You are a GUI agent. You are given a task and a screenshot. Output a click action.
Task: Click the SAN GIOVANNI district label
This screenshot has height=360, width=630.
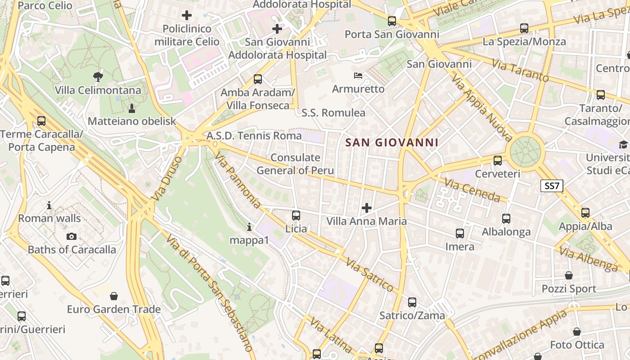tap(391, 143)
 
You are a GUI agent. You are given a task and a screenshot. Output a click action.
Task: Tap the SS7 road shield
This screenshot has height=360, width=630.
tap(552, 186)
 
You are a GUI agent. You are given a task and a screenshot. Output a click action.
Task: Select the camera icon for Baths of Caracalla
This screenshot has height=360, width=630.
tap(72, 236)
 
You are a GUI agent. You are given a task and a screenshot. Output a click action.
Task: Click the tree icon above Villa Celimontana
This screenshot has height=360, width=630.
tap(98, 77)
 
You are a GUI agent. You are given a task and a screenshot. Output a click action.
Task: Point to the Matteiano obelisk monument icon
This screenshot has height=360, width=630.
tap(132, 108)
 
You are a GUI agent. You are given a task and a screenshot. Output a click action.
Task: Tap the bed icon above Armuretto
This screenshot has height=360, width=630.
tap(358, 75)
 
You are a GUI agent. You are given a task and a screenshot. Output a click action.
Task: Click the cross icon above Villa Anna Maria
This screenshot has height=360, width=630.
tap(367, 207)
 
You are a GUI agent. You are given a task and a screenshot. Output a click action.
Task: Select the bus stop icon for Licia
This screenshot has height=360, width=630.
tap(296, 216)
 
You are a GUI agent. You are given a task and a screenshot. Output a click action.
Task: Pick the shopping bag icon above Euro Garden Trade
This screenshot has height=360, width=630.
tap(114, 296)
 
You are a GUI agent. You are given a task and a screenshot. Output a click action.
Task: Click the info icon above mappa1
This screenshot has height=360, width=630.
tap(249, 227)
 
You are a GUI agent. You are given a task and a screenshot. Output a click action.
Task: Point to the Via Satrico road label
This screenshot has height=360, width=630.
tap(369, 274)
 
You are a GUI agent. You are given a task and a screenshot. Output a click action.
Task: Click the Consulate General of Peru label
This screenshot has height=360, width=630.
tap(295, 164)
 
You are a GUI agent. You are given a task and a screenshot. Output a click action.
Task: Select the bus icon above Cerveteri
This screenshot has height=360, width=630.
tap(498, 160)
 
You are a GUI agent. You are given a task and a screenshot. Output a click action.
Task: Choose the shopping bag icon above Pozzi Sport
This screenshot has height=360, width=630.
tap(569, 275)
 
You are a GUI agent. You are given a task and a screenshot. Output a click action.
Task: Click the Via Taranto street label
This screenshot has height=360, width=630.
tap(520, 71)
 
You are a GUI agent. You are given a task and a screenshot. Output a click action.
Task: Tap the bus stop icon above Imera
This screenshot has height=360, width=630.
tap(459, 234)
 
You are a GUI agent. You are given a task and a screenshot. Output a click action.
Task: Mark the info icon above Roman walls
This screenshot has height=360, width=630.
tap(49, 205)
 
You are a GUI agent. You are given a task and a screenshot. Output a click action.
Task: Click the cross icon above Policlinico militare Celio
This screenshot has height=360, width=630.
tap(187, 15)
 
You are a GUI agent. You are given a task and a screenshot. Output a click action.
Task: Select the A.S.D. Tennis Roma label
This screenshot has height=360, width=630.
tap(254, 135)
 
